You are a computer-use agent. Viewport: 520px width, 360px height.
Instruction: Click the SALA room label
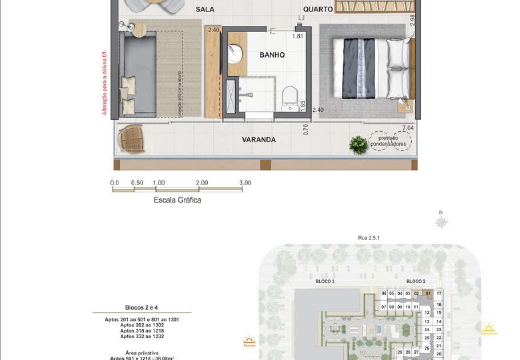coord(205,9)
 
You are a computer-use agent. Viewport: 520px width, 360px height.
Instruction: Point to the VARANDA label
coord(258,140)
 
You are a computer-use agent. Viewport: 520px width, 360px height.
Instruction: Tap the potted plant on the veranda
coord(357,145)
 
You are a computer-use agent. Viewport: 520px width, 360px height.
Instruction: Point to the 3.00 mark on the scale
coord(246,183)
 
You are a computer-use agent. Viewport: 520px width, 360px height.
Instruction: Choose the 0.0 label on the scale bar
coord(114,183)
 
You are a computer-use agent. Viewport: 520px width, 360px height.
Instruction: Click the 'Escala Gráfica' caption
coord(177,200)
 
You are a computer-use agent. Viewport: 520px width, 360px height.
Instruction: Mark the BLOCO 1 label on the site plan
coord(323,283)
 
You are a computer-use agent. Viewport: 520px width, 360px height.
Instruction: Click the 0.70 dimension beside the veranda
coord(307,128)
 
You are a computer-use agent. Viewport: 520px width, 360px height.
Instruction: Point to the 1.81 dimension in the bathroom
coord(298,36)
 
